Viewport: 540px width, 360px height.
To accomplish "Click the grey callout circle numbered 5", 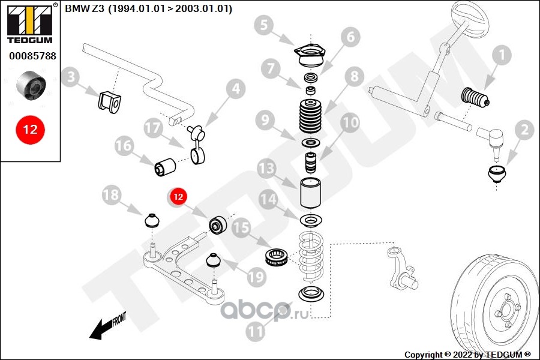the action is tap(263, 25).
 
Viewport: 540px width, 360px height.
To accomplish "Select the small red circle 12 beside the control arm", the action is tap(178, 197).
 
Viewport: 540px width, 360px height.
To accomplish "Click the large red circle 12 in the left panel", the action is tap(31, 130).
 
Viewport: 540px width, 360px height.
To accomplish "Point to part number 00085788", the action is tap(32, 56).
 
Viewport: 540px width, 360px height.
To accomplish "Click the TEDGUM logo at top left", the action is tap(30, 23).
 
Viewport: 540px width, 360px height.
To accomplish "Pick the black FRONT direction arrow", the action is tap(107, 326).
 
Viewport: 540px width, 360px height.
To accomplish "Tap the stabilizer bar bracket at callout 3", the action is tap(110, 102).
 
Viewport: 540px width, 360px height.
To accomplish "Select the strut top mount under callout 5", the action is tap(310, 56).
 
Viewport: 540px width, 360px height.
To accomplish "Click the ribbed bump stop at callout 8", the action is tap(311, 116).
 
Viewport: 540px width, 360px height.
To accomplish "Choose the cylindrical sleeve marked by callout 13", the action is tap(311, 193).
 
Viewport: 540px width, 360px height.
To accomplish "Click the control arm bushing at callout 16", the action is tap(164, 166).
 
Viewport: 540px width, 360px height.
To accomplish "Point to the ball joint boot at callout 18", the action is tap(152, 221).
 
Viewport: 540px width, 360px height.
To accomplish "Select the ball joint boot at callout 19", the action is tap(214, 260).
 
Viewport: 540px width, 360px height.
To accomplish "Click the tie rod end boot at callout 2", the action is tap(497, 174).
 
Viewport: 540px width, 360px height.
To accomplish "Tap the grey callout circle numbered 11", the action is tap(255, 332).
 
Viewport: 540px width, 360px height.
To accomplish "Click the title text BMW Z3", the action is tap(85, 8).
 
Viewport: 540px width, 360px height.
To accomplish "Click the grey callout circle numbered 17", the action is tap(153, 128).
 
